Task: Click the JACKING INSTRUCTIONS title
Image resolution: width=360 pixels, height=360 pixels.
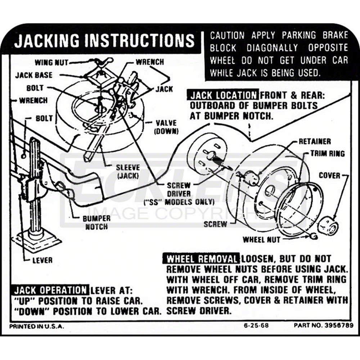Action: (x=104, y=41)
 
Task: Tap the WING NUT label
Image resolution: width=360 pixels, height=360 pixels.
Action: (x=51, y=62)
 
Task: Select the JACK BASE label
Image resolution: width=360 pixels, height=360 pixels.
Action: (x=33, y=75)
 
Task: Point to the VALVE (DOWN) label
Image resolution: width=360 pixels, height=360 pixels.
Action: (x=166, y=127)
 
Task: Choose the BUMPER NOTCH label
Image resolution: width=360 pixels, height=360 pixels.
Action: (x=96, y=222)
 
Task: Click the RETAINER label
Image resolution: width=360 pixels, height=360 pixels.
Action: (x=315, y=141)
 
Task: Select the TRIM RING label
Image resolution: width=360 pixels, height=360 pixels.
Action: (x=328, y=154)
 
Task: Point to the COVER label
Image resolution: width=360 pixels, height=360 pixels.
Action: (x=329, y=175)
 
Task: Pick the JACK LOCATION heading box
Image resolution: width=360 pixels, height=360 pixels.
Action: (x=222, y=95)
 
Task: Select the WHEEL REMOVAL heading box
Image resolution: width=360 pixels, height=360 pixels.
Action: (x=202, y=259)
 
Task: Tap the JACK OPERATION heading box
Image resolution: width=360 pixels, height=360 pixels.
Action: (x=50, y=290)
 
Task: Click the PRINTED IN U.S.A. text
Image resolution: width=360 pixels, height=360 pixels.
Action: (x=36, y=326)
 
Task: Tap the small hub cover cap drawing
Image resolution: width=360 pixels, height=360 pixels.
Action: (x=328, y=225)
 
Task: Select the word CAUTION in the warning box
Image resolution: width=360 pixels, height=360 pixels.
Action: (x=227, y=35)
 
